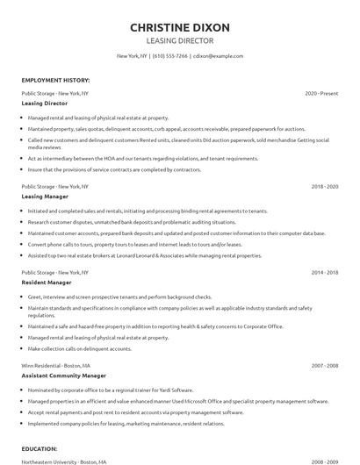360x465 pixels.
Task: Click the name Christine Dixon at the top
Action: click(x=180, y=27)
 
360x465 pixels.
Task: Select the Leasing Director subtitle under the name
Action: click(x=180, y=40)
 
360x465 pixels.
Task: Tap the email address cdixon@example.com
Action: click(x=218, y=56)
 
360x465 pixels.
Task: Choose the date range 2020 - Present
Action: click(x=321, y=93)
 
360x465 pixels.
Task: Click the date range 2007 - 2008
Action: click(x=325, y=364)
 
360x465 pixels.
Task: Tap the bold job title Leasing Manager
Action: click(x=44, y=197)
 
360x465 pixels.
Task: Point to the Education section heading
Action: click(x=40, y=447)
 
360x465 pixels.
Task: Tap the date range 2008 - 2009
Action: click(x=325, y=460)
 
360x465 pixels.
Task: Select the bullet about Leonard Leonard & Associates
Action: click(x=145, y=255)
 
